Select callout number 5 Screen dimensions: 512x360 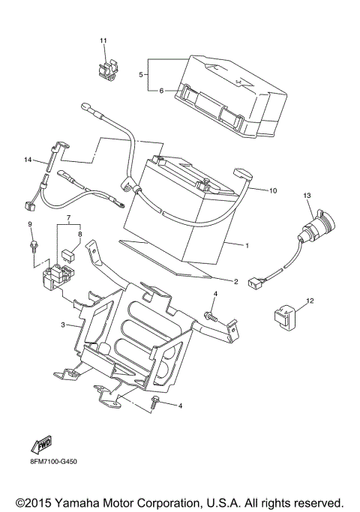click(141, 74)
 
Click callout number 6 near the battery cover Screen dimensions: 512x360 click(160, 91)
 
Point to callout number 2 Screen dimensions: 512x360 click(235, 282)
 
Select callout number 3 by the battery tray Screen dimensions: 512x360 click(64, 324)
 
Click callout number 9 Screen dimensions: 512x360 click(31, 224)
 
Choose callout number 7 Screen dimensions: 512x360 click(68, 218)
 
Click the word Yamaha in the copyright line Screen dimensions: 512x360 click(90, 500)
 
